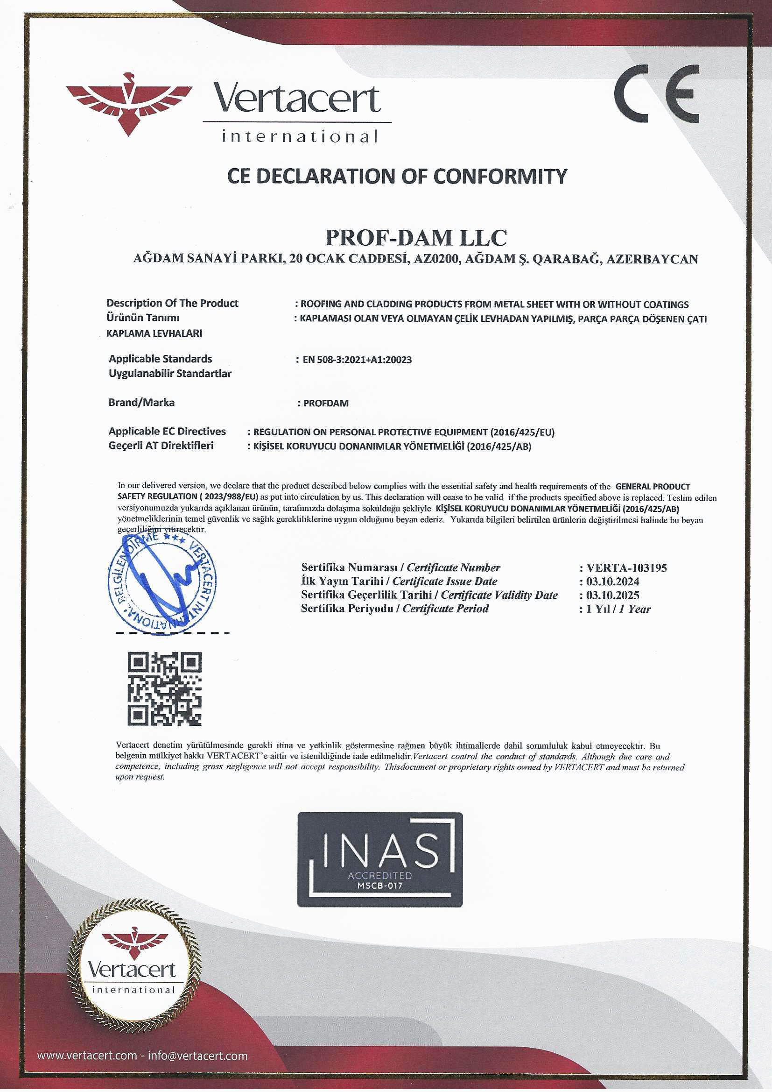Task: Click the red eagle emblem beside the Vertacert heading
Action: click(129, 104)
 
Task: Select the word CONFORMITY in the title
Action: click(500, 176)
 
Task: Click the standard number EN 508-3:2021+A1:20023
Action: click(357, 360)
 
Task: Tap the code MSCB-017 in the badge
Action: click(379, 886)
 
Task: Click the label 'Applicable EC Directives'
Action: click(168, 432)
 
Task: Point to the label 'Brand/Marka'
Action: click(142, 402)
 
